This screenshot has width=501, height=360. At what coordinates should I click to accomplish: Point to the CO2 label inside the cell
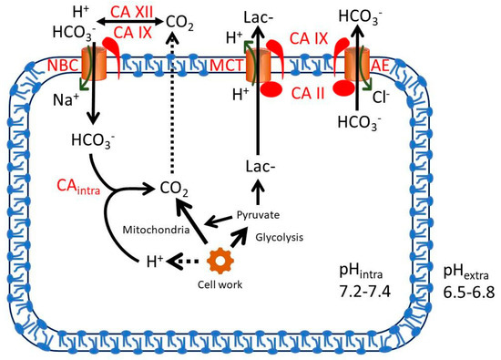[179, 190]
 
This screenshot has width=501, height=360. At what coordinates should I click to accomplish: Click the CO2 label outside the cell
[178, 18]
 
